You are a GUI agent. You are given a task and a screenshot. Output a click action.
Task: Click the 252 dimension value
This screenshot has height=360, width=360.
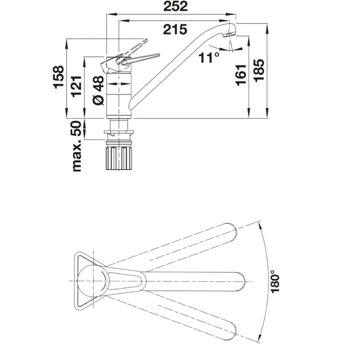click(175, 6)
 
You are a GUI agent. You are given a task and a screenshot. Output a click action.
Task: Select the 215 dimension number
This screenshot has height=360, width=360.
click(175, 30)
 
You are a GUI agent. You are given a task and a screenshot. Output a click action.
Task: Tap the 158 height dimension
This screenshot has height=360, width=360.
click(58, 77)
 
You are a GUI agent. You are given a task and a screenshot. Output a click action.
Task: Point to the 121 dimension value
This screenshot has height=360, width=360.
click(76, 86)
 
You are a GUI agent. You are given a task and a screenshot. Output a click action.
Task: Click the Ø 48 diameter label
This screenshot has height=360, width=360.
click(99, 91)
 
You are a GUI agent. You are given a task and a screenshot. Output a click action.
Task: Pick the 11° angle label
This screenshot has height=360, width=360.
click(208, 58)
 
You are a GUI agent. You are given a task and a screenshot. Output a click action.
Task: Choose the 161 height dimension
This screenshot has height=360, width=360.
click(241, 75)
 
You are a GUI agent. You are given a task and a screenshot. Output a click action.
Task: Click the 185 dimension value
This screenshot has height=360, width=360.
click(259, 70)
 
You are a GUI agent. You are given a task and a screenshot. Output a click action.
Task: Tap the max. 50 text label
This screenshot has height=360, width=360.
click(76, 146)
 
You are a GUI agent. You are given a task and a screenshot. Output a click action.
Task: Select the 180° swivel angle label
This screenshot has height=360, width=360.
click(275, 282)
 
